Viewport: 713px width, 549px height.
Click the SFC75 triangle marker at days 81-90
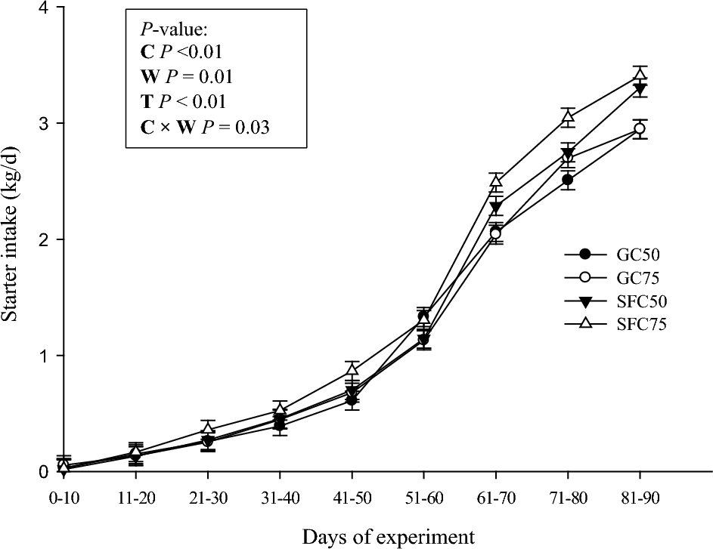[x=640, y=74]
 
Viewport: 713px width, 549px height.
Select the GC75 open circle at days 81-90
[x=640, y=128]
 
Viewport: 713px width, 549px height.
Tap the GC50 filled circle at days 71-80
[x=568, y=180]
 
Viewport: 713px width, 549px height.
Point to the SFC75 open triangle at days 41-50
[x=352, y=369]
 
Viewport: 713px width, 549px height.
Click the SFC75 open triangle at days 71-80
[x=568, y=116]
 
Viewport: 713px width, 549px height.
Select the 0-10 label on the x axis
[x=64, y=498]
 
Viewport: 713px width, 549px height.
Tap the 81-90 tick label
[x=640, y=498]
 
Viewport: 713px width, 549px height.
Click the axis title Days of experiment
[x=389, y=537]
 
